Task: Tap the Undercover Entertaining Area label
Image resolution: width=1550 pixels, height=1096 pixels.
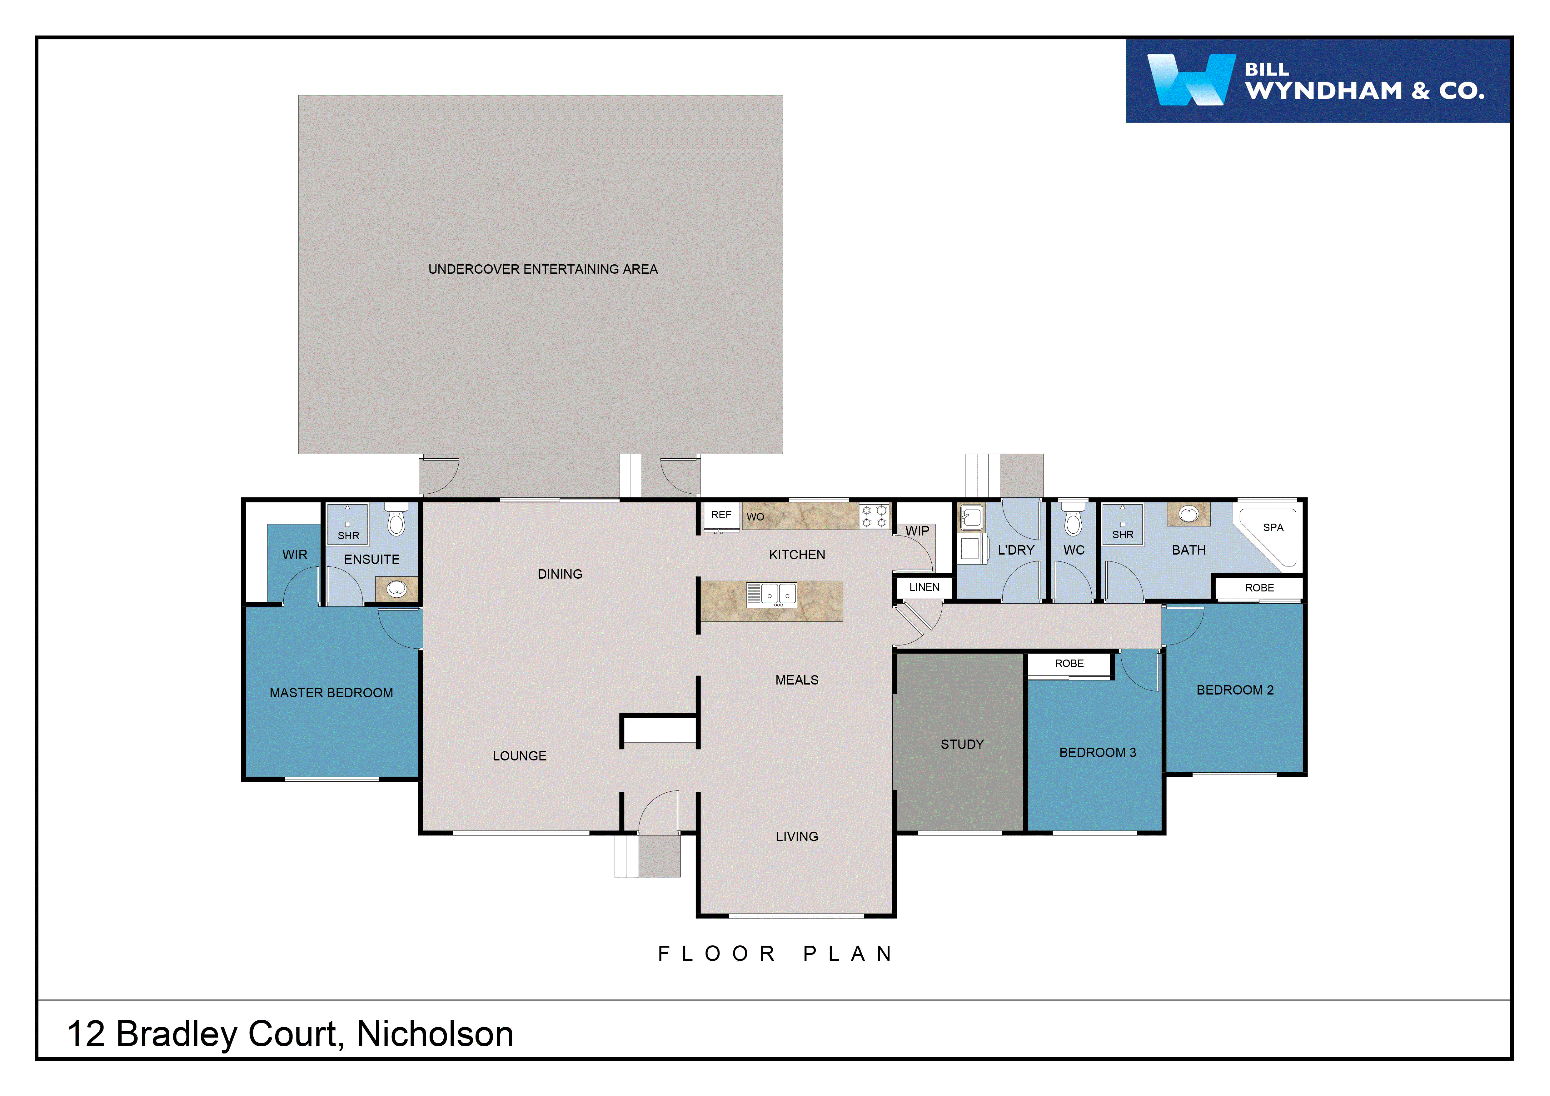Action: click(x=543, y=269)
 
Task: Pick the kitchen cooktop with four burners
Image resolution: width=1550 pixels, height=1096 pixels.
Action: click(x=874, y=516)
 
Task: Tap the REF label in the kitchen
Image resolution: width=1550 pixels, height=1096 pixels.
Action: click(x=721, y=515)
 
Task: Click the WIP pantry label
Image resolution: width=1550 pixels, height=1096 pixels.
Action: click(x=917, y=531)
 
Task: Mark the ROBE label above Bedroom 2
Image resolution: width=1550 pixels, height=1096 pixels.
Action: click(x=1259, y=588)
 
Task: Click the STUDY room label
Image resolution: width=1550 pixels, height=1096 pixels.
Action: click(x=962, y=745)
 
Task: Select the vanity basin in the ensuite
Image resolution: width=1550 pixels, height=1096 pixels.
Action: click(x=396, y=589)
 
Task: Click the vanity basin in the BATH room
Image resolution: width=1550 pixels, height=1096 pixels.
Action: click(x=1188, y=514)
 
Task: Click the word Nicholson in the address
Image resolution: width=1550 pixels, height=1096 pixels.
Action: click(x=435, y=1034)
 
